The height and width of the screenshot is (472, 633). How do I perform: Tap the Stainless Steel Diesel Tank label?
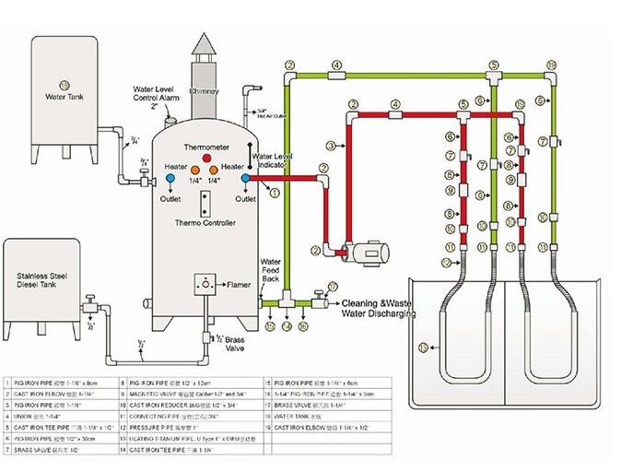pos(43,280)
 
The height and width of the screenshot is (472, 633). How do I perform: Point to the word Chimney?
pos(205,92)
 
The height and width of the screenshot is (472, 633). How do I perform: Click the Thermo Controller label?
pos(205,223)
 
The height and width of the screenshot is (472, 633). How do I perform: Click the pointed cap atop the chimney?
pos(205,44)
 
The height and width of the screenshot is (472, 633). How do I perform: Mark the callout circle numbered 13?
pos(423,348)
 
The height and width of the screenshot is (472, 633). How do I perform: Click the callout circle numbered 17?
pos(333,287)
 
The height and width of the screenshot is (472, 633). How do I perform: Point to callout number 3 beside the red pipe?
pos(330,145)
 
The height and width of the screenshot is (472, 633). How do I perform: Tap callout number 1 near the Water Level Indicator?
pos(273,193)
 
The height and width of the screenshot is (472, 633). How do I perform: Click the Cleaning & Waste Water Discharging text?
pos(378,308)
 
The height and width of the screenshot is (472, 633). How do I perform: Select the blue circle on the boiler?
pos(245,178)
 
